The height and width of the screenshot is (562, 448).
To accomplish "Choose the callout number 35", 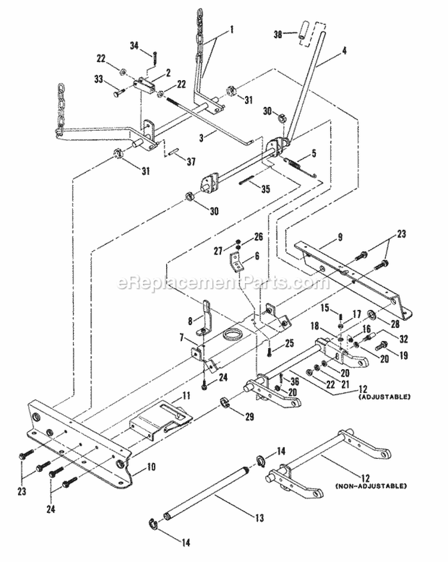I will [265, 189].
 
